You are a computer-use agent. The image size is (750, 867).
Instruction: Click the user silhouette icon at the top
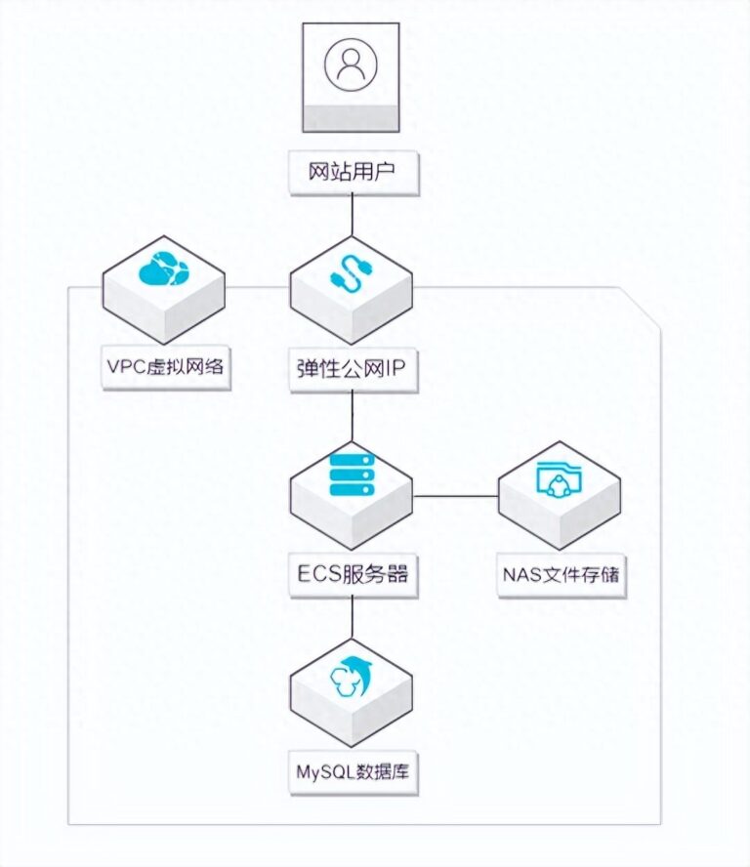point(352,63)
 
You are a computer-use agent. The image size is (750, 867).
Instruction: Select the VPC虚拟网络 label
point(167,369)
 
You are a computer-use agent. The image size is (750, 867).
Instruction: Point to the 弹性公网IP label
point(354,369)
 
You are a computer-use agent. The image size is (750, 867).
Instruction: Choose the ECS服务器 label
point(353,575)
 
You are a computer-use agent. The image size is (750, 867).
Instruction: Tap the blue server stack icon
point(353,474)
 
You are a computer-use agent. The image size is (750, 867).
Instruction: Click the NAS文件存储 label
point(561,575)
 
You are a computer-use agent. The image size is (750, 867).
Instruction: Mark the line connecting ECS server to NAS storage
point(456,496)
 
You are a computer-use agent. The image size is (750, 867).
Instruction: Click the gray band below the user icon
point(352,117)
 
